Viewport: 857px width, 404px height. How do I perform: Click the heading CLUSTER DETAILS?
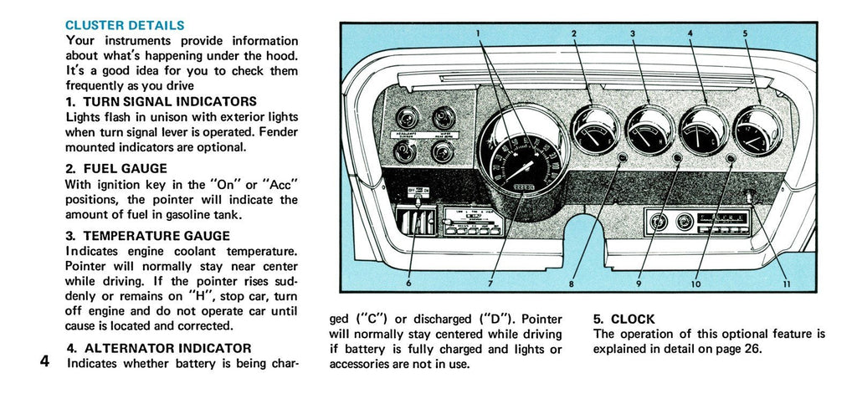click(125, 26)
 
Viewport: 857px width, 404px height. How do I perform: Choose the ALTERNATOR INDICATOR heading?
click(158, 348)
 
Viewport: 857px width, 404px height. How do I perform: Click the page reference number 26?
click(752, 349)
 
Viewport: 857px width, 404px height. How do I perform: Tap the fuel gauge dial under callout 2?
click(595, 130)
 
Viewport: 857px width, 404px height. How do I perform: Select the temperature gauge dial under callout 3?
click(650, 130)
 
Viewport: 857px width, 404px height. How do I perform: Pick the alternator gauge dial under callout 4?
click(703, 130)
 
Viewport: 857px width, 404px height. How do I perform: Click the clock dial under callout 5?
click(757, 130)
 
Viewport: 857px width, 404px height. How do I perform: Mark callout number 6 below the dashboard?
click(408, 284)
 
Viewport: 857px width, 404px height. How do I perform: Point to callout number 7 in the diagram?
click(490, 284)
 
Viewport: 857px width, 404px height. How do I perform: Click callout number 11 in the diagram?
click(786, 284)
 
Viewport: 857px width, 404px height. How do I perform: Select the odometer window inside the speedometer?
click(524, 187)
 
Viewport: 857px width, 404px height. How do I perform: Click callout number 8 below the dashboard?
click(572, 284)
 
